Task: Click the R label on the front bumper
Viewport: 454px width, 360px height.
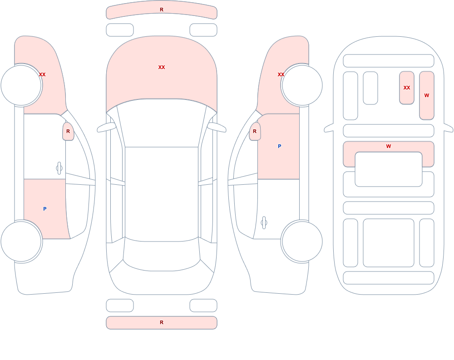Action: click(x=162, y=10)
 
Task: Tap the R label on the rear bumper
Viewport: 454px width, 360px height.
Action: click(x=162, y=322)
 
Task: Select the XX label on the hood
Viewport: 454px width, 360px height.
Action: click(x=162, y=67)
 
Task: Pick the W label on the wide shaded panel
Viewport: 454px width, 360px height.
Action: click(x=389, y=146)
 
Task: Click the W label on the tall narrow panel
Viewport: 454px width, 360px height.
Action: click(x=426, y=95)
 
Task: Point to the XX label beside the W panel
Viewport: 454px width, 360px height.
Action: click(x=407, y=88)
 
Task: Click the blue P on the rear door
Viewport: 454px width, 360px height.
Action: click(x=44, y=209)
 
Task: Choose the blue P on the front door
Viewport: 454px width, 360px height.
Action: click(x=279, y=146)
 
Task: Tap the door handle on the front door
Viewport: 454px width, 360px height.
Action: click(x=59, y=168)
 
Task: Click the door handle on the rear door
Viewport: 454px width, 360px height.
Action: click(x=264, y=223)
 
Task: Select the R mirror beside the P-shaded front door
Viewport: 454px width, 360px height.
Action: click(x=255, y=131)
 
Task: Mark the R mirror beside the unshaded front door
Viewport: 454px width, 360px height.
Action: click(x=68, y=131)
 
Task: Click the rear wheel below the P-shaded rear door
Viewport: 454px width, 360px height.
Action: click(x=21, y=241)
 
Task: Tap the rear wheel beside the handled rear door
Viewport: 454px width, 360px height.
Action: click(x=302, y=241)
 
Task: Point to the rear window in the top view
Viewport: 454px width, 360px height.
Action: click(x=162, y=255)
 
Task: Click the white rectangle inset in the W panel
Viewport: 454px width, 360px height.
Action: click(x=389, y=169)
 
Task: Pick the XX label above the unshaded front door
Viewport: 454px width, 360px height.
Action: click(x=42, y=74)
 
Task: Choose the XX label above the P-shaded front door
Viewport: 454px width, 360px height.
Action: click(x=281, y=74)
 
